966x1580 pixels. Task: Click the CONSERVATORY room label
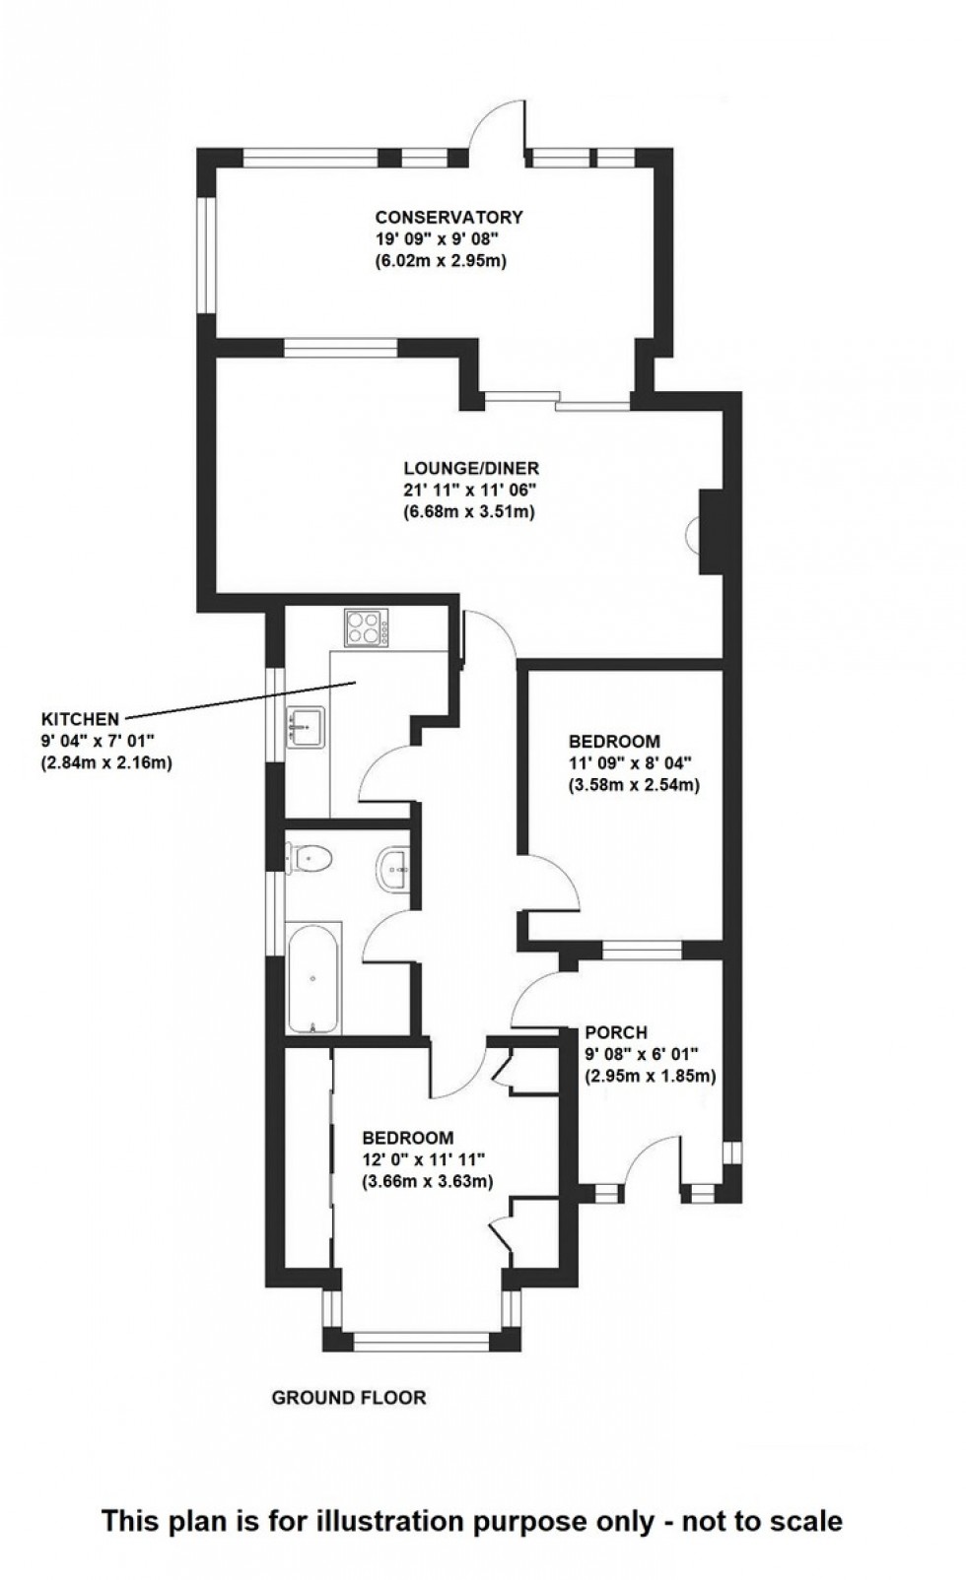coord(448,218)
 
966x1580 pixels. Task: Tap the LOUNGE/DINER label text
coord(471,469)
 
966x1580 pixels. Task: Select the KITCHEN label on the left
coord(79,718)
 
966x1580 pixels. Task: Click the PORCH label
coord(615,1032)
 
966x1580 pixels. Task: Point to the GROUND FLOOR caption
coord(348,1397)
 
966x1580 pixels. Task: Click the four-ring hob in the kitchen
coord(367,628)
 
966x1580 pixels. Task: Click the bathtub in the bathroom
coord(313,977)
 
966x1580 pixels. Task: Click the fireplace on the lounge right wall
coord(702,532)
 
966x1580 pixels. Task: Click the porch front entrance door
coord(651,1162)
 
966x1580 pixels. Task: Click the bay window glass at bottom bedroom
coord(421,1340)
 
